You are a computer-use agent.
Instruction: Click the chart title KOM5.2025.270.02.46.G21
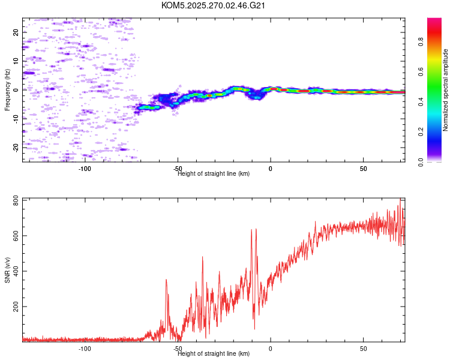(213, 5)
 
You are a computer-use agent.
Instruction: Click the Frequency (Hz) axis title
(7, 89)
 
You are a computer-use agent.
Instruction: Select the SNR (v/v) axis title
(7, 269)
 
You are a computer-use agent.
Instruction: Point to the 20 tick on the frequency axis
(16, 32)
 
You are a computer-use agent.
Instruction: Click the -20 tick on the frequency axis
(16, 146)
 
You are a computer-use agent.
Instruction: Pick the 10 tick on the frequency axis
(16, 61)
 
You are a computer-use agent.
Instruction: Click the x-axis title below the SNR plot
(214, 354)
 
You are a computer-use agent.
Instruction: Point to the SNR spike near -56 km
(166, 280)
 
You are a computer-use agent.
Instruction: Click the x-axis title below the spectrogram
(214, 174)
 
